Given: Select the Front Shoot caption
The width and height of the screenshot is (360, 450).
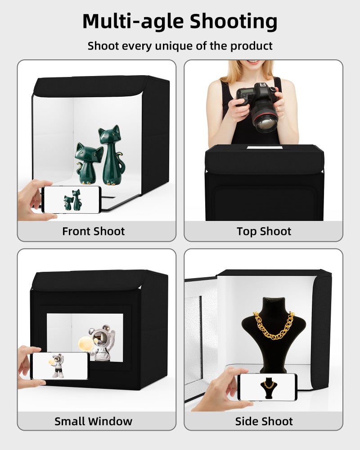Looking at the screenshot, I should pos(93,231).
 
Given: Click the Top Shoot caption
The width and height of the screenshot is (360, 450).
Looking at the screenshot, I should pos(264,231).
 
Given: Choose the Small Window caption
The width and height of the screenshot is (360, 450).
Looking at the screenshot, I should pos(93,421).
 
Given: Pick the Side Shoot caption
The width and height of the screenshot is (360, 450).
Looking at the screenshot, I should pos(264,421).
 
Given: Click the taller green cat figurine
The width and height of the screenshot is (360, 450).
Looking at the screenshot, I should pos(111,155).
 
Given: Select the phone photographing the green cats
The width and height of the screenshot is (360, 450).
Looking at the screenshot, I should pos(71,199).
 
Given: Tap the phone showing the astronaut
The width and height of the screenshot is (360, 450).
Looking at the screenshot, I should pos(59,365).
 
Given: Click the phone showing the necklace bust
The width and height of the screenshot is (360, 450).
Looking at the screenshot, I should pos(267,387).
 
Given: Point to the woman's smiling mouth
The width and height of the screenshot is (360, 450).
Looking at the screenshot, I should pos(253,62).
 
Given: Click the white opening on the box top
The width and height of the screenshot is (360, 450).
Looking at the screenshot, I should pos(264,147).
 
